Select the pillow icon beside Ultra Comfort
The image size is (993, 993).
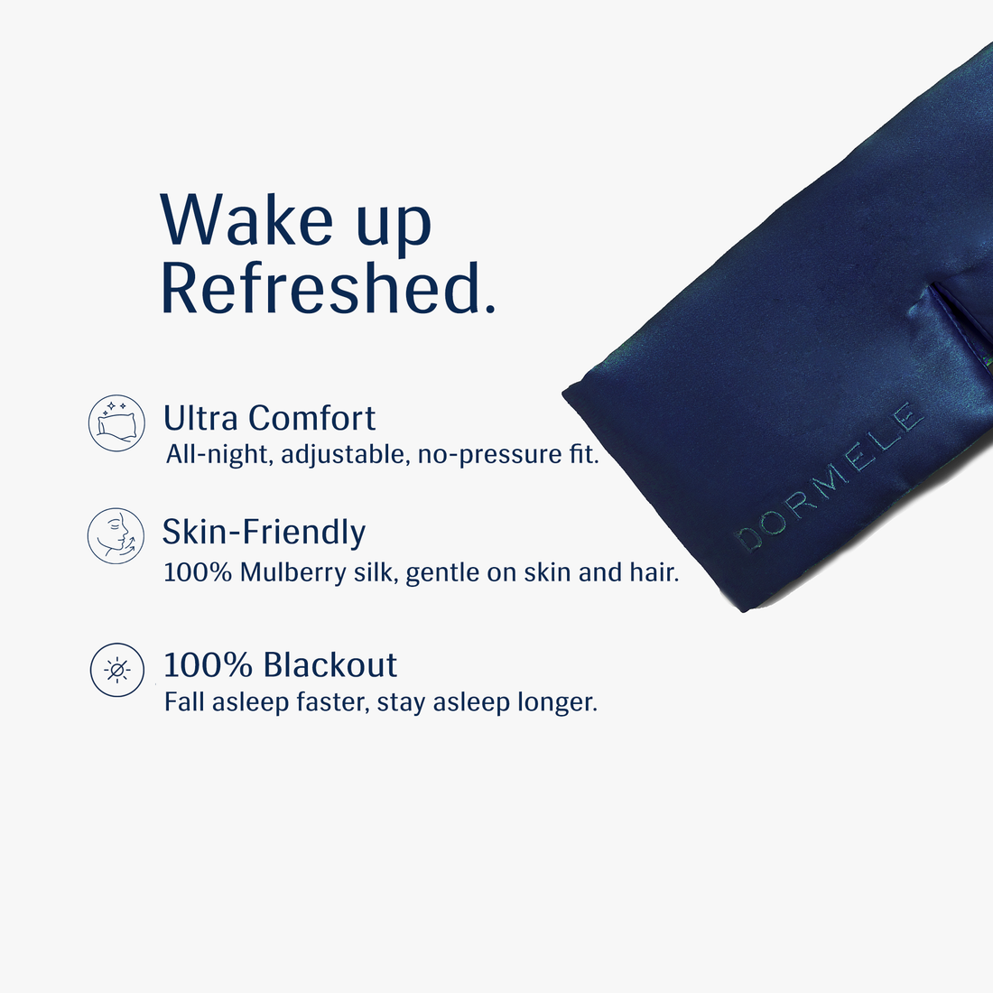pos(116,423)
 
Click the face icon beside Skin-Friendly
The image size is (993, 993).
pos(116,536)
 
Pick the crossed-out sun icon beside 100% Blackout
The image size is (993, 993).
pos(116,670)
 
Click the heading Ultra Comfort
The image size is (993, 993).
pos(269,419)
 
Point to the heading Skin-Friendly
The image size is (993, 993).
pos(264,533)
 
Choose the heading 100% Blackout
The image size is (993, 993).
pos(280,665)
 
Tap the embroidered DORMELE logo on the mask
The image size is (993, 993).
pos(831,478)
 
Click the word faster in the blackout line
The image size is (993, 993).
pos(330,702)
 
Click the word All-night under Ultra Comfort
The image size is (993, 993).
pos(218,454)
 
